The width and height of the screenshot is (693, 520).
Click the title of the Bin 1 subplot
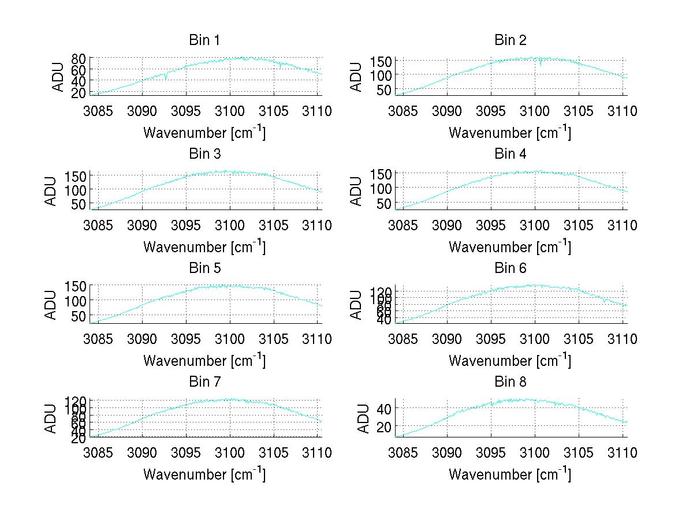click(204, 40)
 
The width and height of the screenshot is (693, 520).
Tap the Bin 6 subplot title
click(511, 268)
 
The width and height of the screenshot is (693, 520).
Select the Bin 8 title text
click(511, 382)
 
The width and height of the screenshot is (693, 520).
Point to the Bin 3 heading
click(204, 154)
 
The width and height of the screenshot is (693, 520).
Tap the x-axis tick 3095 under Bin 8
click(491, 452)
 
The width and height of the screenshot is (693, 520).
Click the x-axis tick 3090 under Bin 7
click(142, 452)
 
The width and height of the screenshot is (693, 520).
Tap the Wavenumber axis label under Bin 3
click(204, 246)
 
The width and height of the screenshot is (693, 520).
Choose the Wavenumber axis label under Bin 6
click(510, 360)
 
